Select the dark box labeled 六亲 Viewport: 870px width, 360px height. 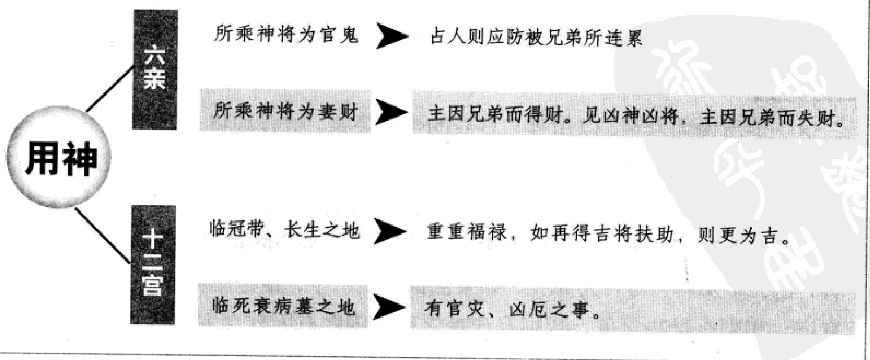click(x=154, y=69)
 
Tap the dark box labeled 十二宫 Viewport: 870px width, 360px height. click(x=153, y=264)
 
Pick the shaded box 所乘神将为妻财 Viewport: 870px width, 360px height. click(x=285, y=111)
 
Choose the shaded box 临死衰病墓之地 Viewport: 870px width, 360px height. click(x=283, y=307)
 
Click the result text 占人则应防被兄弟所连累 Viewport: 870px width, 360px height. click(x=536, y=37)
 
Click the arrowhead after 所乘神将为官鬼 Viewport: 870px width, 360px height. click(x=392, y=36)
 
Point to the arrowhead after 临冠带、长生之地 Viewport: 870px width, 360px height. click(x=391, y=231)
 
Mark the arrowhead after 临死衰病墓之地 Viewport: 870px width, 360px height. click(x=391, y=308)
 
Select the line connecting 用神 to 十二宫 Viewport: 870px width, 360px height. click(x=103, y=235)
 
